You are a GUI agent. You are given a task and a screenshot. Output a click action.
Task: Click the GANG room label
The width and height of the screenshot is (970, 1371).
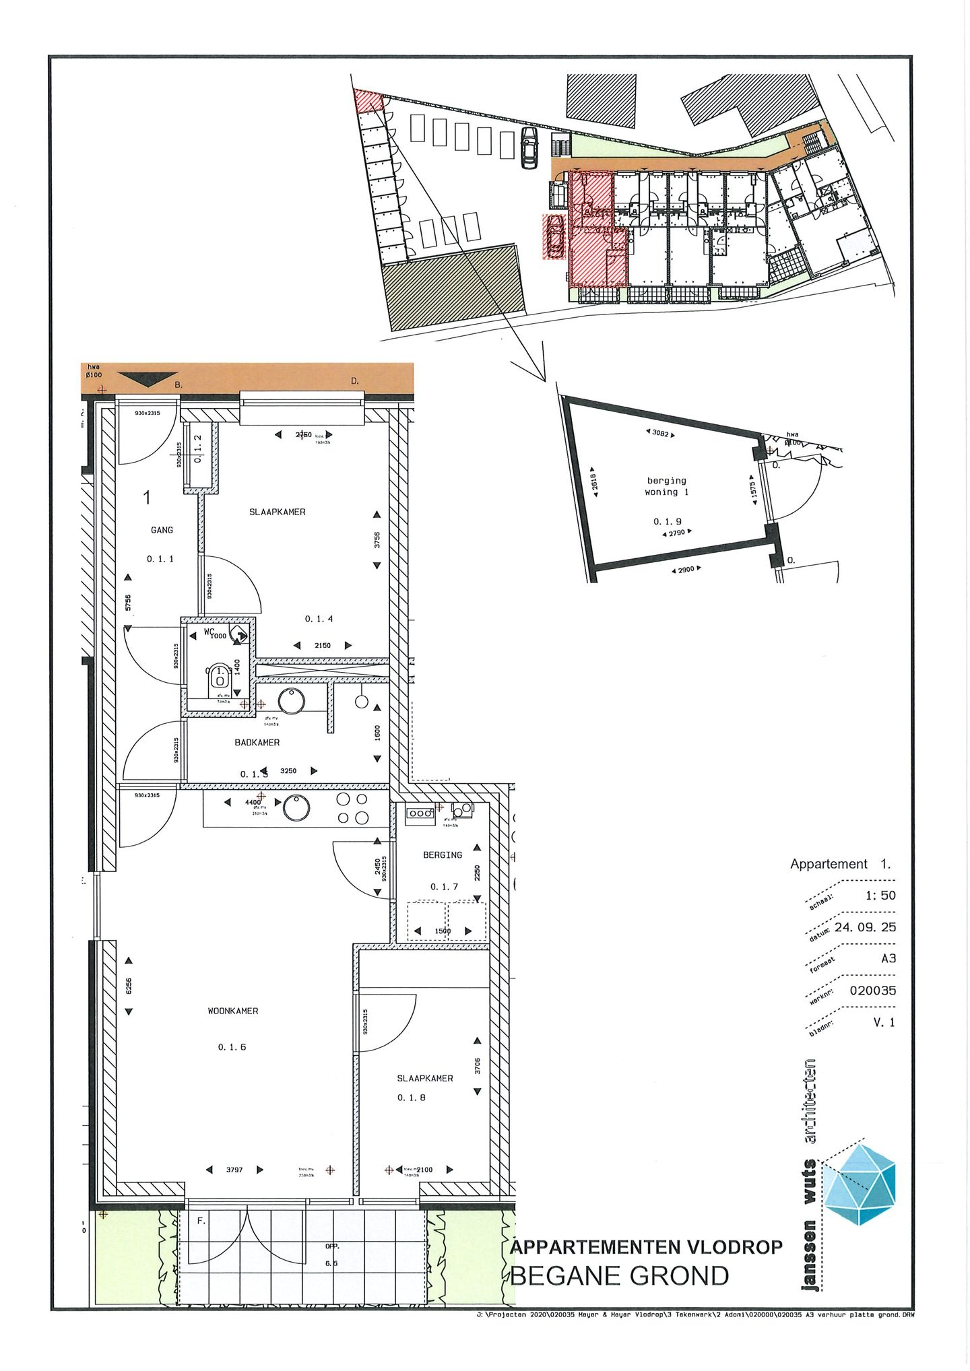pyautogui.click(x=162, y=530)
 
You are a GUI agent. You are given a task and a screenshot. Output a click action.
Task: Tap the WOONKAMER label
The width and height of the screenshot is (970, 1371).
pyautogui.click(x=232, y=1011)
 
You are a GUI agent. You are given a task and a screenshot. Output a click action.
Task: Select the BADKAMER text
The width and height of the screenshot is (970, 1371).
pyautogui.click(x=257, y=742)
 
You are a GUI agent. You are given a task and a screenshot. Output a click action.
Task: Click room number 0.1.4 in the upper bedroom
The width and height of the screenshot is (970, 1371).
pyautogui.click(x=319, y=619)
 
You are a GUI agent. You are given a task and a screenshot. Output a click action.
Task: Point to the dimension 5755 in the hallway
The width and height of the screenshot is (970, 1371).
pyautogui.click(x=128, y=603)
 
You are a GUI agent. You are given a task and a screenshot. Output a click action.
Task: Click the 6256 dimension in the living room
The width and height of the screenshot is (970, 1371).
pyautogui.click(x=129, y=986)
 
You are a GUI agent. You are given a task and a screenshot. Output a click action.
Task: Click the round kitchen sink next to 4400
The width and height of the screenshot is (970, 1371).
pyautogui.click(x=296, y=807)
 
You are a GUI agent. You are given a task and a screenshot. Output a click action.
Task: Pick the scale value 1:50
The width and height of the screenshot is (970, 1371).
pyautogui.click(x=880, y=896)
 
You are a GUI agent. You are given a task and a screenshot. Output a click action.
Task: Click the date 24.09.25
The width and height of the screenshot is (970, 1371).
pyautogui.click(x=865, y=927)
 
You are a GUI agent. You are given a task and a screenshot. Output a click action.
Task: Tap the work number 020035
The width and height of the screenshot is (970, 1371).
pyautogui.click(x=872, y=991)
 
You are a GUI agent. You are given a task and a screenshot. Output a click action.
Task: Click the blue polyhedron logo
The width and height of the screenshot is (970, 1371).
pyautogui.click(x=860, y=1183)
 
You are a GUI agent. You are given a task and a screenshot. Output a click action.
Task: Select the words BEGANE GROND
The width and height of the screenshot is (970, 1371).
pyautogui.click(x=620, y=1275)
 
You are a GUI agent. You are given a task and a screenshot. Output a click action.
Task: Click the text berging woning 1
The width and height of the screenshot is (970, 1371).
pyautogui.click(x=667, y=486)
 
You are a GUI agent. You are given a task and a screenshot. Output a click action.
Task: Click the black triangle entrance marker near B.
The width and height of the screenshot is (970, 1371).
pyautogui.click(x=148, y=379)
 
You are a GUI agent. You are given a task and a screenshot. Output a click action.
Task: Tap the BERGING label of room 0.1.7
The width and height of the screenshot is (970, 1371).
pyautogui.click(x=443, y=855)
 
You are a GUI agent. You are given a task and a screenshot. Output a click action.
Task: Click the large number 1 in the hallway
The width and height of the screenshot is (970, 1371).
pyautogui.click(x=147, y=498)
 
